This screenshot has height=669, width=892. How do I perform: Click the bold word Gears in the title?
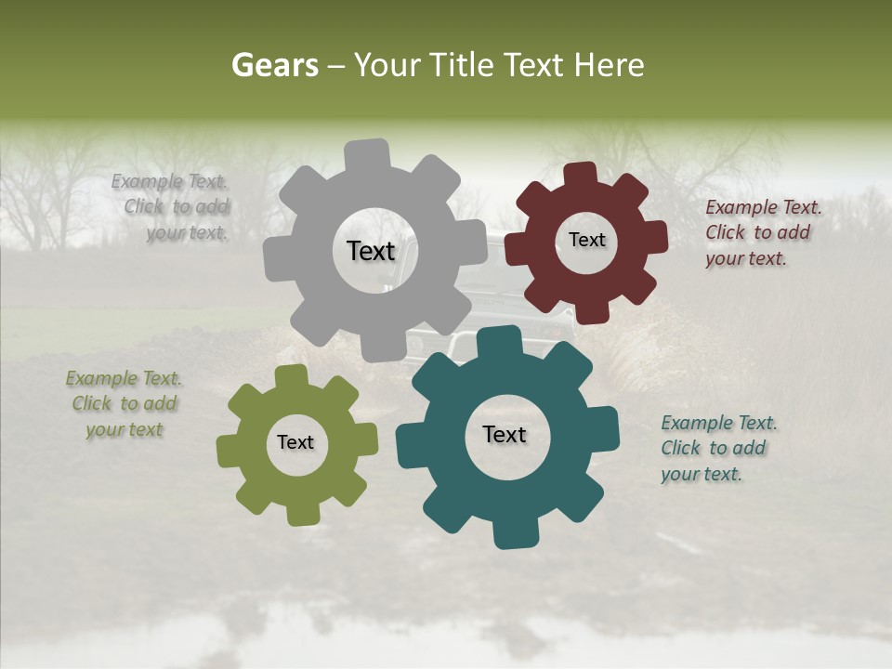[275, 65]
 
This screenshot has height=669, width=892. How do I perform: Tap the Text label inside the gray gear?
[371, 251]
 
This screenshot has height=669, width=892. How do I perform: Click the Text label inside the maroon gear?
[586, 240]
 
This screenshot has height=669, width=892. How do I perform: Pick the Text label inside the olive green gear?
[295, 442]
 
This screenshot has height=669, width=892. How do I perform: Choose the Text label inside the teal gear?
[505, 434]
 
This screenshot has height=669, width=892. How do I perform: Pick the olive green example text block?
[124, 404]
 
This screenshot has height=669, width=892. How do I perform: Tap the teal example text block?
[717, 448]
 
